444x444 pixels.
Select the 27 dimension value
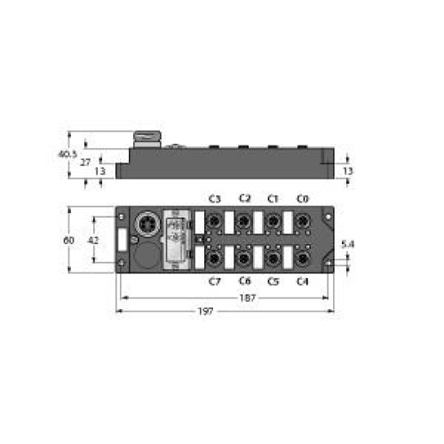[x=85, y=163]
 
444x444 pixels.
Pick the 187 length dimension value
[x=247, y=297]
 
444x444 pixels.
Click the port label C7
[x=215, y=281]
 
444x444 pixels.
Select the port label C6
[x=244, y=281]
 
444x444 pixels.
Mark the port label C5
[x=274, y=281]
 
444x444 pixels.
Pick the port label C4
[x=303, y=281]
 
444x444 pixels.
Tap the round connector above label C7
[x=215, y=258]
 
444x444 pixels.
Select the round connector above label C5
[x=274, y=258]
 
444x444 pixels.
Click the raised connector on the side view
[x=145, y=139]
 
